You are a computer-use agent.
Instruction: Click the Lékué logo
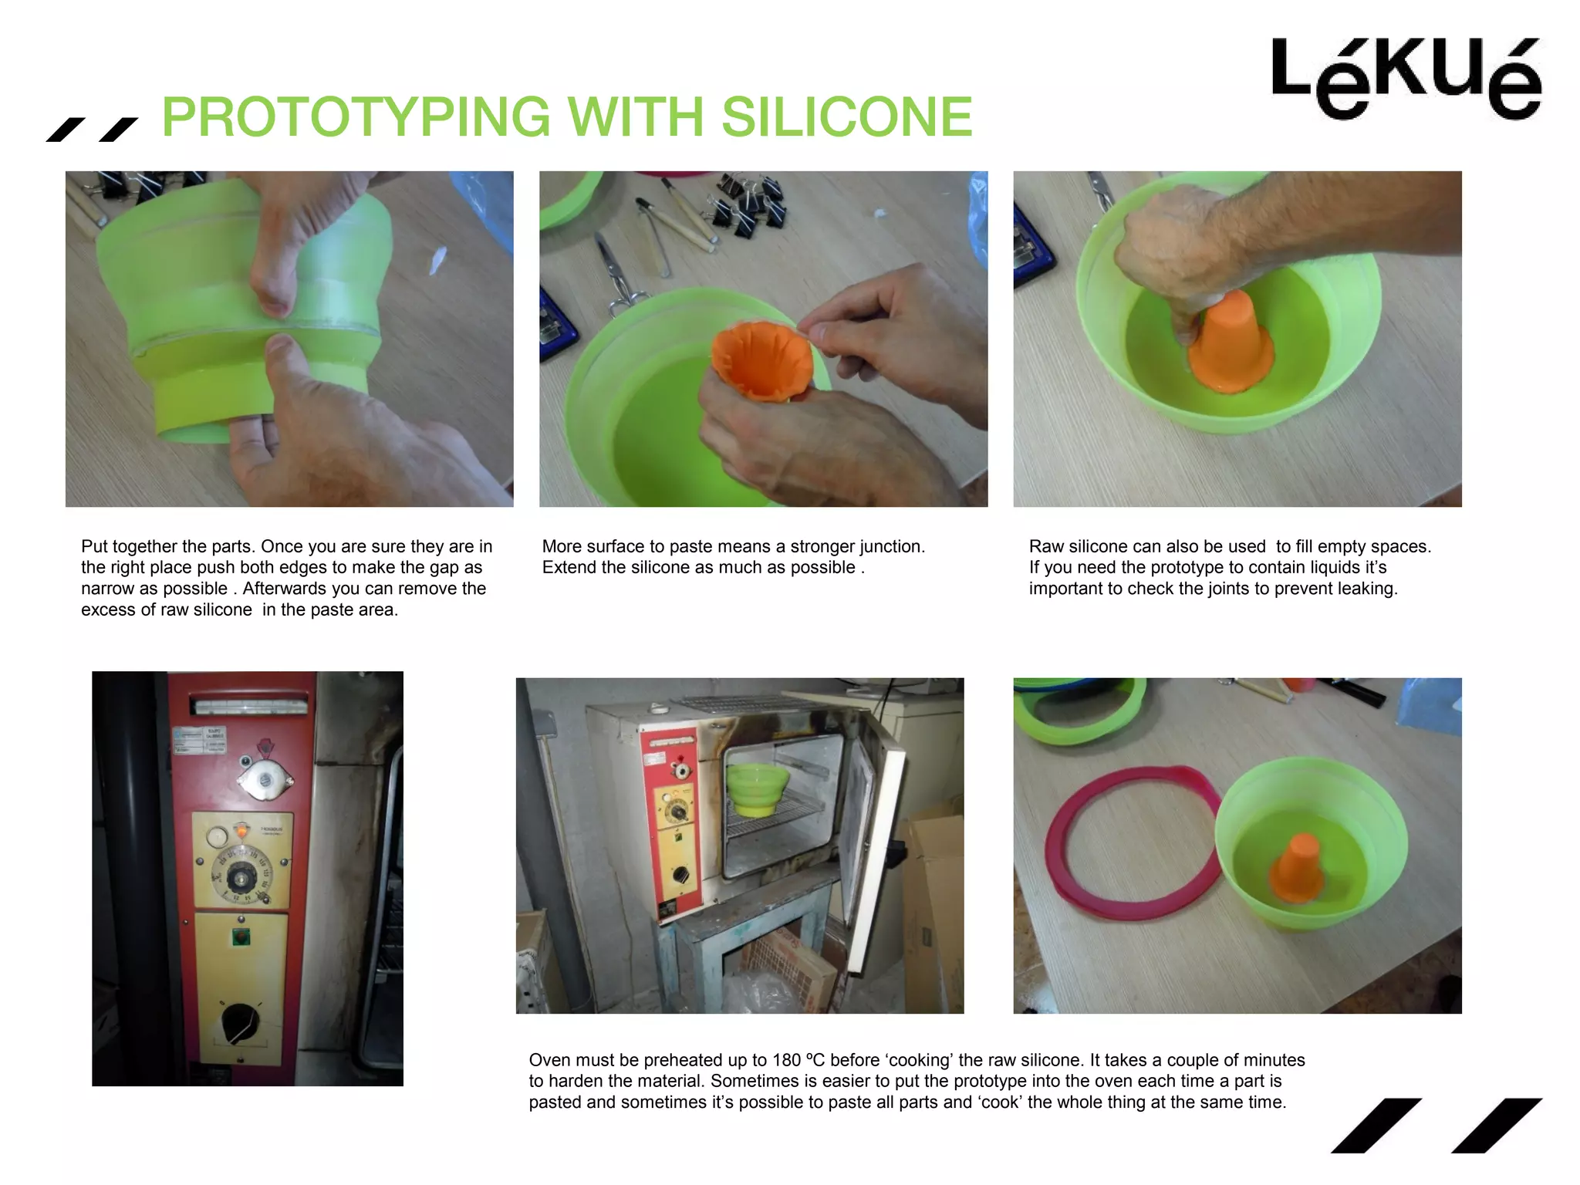[x=1406, y=77]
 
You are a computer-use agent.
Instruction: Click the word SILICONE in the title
[x=846, y=117]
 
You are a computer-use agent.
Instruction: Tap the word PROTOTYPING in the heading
[x=356, y=117]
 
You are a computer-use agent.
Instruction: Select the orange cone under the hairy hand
[x=1232, y=343]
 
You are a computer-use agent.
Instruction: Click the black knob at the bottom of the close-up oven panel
[x=240, y=1022]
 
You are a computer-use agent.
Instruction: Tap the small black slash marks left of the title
[x=91, y=130]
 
